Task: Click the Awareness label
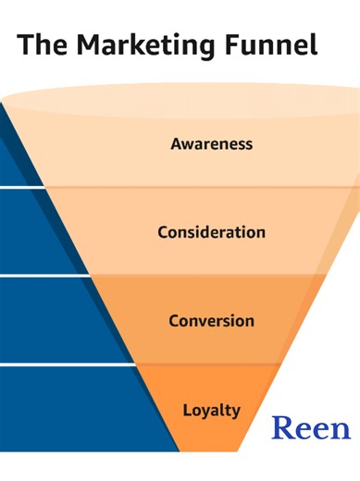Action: (x=212, y=144)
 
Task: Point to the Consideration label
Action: (x=211, y=231)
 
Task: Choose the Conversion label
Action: (x=211, y=321)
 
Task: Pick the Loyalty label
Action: (x=211, y=410)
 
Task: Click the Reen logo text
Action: (x=311, y=428)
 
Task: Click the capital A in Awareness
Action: (x=177, y=144)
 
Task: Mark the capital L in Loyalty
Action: (x=187, y=409)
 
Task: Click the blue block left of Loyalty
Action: (x=74, y=407)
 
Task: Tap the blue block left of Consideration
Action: (x=28, y=231)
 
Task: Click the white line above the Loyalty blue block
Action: (x=65, y=364)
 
